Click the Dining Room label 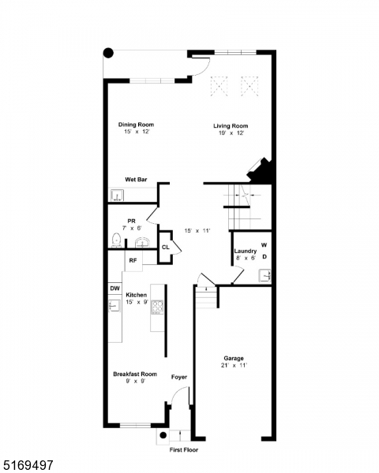coord(136,125)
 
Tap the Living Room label coord(231,126)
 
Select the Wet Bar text coord(136,180)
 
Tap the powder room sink coord(142,240)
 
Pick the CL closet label coord(165,248)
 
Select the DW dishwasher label coord(114,289)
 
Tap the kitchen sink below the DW coord(114,305)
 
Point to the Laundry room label coord(245,251)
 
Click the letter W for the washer coord(265,246)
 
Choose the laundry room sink coord(265,275)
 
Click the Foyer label coord(179,378)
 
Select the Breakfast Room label coord(134,374)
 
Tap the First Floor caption coord(184,449)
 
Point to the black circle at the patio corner coord(108,54)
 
